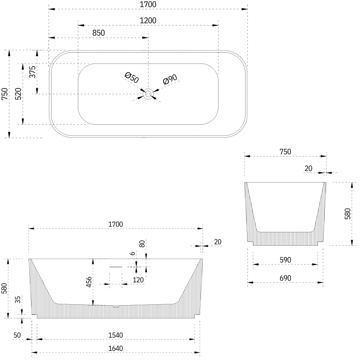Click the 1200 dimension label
[148, 21]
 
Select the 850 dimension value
[98, 33]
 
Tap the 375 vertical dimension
[32, 72]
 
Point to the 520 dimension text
[18, 94]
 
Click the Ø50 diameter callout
[132, 77]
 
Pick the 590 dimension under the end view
[285, 260]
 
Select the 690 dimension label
[285, 278]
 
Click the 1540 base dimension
[116, 335]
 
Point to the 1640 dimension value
[116, 349]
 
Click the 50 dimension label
[17, 335]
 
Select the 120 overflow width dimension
[138, 280]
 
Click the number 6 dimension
[132, 254]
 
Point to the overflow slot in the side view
[115, 266]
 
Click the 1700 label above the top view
[148, 5]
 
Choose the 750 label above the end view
[285, 152]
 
